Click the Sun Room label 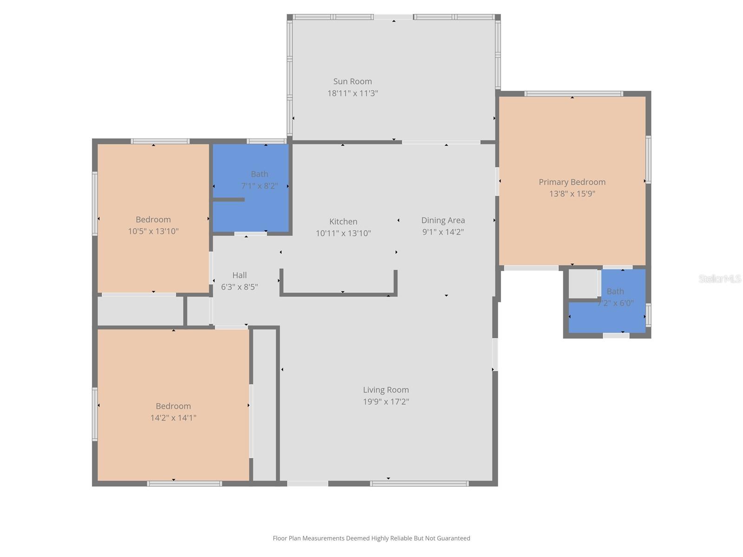click(x=352, y=81)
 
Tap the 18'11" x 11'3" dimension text click(x=352, y=93)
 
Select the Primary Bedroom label click(x=572, y=182)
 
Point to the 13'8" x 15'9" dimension click(x=572, y=194)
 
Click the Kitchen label click(x=343, y=221)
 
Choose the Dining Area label click(x=443, y=220)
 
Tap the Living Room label click(x=385, y=390)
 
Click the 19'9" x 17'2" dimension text click(x=385, y=402)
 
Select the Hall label click(x=239, y=275)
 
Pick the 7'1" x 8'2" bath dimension click(x=259, y=186)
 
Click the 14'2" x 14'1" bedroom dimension click(x=173, y=418)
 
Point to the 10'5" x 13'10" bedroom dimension click(x=153, y=231)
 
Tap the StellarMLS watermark click(x=719, y=278)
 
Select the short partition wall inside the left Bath click(x=228, y=200)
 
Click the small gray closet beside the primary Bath click(x=583, y=284)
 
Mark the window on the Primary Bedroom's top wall click(x=574, y=94)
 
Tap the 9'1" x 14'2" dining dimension click(x=443, y=232)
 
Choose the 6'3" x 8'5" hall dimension click(x=239, y=287)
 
